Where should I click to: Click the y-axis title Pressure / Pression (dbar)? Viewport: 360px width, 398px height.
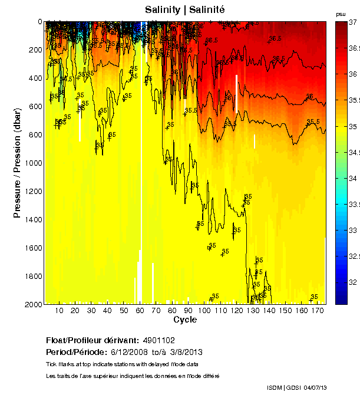coord(17,163)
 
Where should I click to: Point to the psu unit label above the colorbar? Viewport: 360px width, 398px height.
coord(341,14)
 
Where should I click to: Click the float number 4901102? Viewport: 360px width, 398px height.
coord(158,341)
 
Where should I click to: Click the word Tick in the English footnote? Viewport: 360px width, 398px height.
coord(51,364)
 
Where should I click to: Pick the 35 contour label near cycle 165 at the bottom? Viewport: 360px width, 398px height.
coord(315,297)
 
